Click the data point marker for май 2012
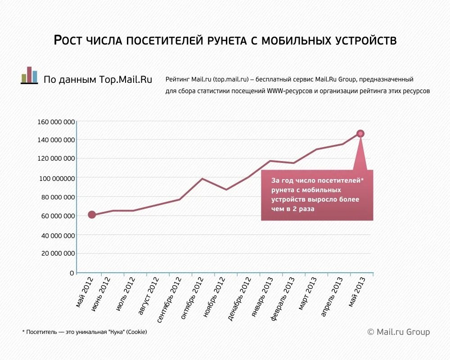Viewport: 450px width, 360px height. (x=92, y=215)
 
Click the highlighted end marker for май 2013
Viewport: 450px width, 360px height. (x=360, y=133)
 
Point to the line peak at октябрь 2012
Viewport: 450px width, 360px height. (x=202, y=179)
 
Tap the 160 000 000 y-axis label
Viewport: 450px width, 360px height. (x=56, y=121)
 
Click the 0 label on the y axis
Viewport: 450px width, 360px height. (x=72, y=273)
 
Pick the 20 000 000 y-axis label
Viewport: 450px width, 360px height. (x=58, y=253)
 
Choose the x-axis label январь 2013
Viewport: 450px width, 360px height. (x=262, y=297)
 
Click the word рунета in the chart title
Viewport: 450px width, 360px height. (x=225, y=40)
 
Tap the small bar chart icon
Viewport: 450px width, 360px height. (x=29, y=75)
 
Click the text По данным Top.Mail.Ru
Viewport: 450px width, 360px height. (x=98, y=80)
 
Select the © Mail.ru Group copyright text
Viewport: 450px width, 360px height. (x=398, y=332)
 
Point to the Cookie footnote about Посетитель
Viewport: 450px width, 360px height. (x=85, y=332)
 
